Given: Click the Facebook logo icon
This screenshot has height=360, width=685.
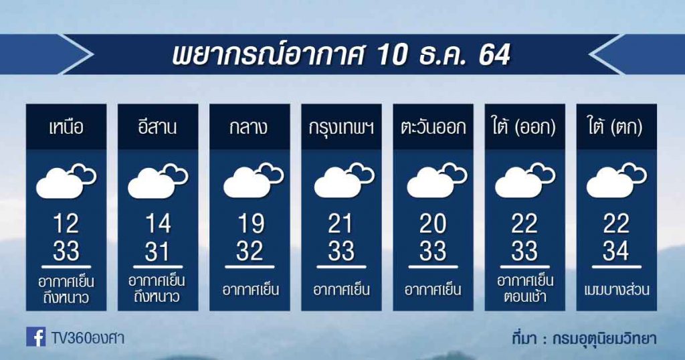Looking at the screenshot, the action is coord(36,337).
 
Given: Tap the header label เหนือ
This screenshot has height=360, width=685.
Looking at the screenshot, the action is coord(66,128).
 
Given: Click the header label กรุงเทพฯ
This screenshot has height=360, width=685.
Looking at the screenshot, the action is coord(341,128).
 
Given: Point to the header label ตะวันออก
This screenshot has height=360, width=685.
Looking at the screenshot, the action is coord(433,128).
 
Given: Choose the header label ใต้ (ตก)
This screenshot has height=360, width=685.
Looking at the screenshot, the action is coord(616,128).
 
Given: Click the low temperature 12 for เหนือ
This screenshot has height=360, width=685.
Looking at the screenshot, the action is coord(66,224).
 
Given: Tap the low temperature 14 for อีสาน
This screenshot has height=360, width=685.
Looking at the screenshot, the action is coord(158,224).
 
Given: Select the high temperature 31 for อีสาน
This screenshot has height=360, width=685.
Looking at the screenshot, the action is coord(158,252).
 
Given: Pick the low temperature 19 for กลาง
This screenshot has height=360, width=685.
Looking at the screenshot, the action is coord(251,224).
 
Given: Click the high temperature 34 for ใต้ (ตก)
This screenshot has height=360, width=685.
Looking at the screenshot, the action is coord(616,251).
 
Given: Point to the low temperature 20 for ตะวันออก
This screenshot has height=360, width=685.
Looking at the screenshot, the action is coord(433,224).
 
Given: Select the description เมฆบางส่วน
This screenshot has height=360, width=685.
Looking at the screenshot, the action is coord(616,290).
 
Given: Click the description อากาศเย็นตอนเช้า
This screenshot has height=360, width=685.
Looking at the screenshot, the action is coord(525,289).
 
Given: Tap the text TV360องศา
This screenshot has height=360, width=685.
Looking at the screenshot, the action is coord(88,338).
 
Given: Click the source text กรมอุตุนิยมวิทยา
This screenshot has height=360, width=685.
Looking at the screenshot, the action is coord(604,339).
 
